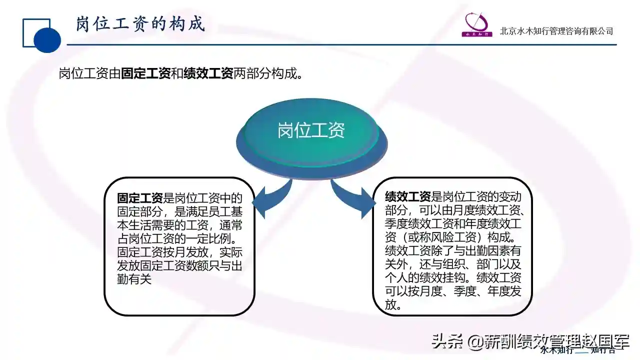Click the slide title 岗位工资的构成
point(140,23)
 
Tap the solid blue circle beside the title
point(47,40)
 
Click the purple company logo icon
point(477,24)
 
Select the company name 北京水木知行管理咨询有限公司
point(556,31)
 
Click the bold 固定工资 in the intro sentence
point(145,73)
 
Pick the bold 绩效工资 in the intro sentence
point(208,73)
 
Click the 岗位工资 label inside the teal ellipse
point(311,130)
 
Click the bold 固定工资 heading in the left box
point(139,198)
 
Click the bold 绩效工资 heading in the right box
point(407,196)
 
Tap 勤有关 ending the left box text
point(134,279)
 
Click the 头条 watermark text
point(446,341)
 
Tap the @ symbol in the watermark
point(475,341)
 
